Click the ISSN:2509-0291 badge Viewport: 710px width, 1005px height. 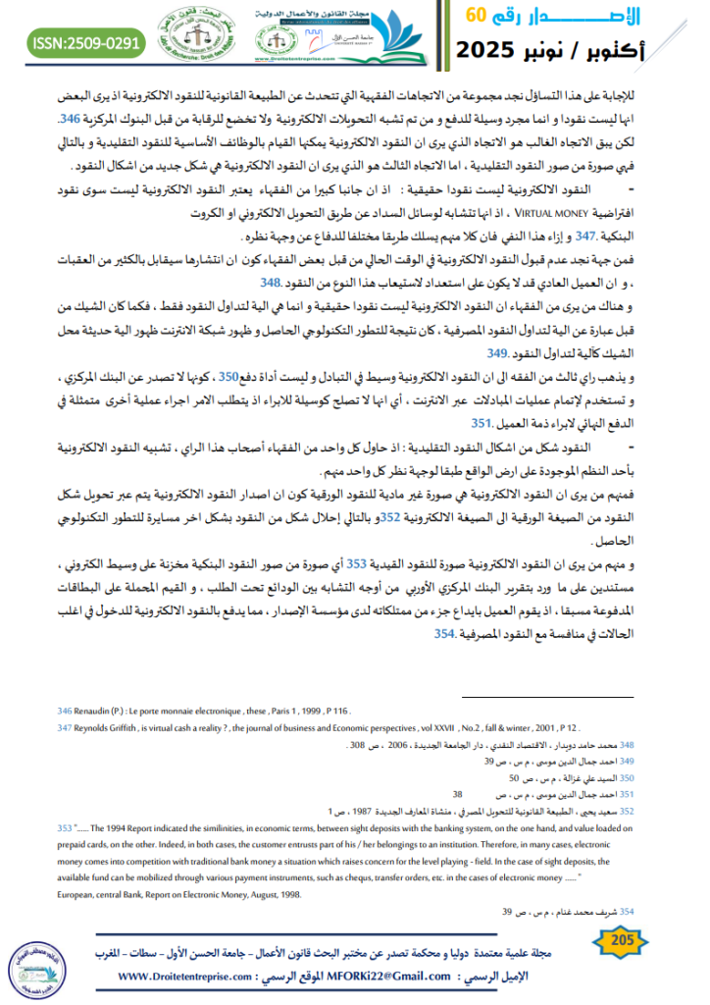[x=86, y=43]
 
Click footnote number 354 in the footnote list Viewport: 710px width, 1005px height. [x=618, y=911]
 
